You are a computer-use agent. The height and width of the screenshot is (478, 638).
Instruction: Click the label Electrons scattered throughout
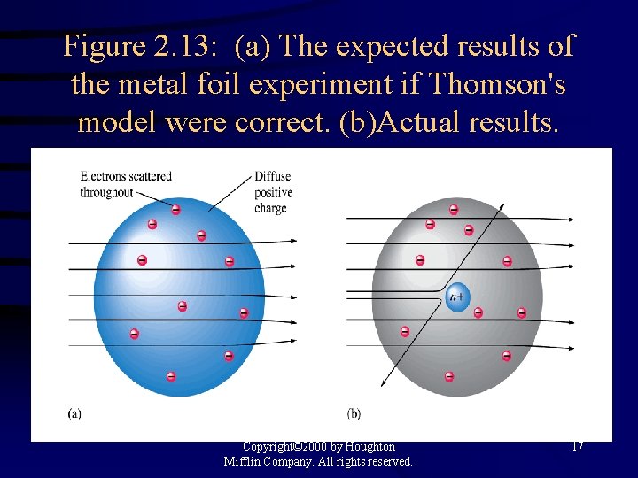click(125, 184)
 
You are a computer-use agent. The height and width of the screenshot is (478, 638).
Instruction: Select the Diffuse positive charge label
click(272, 192)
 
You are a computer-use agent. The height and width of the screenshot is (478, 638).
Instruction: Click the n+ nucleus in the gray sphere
click(457, 297)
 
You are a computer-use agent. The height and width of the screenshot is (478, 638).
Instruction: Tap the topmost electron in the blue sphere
click(175, 210)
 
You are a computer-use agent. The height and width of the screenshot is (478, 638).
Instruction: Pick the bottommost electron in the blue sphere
click(171, 376)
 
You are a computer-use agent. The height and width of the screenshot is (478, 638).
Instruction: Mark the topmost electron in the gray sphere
click(454, 210)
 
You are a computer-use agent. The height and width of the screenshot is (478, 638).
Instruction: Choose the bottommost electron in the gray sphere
click(449, 376)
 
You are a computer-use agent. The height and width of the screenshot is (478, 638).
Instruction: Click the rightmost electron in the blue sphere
click(244, 312)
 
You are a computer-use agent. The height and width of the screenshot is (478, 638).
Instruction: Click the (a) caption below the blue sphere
click(74, 412)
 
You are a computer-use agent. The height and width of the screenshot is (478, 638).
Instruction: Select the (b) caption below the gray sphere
click(354, 412)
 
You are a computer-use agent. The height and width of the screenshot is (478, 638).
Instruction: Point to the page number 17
click(577, 447)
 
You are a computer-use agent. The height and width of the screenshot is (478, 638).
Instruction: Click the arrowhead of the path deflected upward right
click(503, 205)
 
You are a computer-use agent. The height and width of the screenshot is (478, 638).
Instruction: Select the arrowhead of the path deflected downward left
click(383, 384)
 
